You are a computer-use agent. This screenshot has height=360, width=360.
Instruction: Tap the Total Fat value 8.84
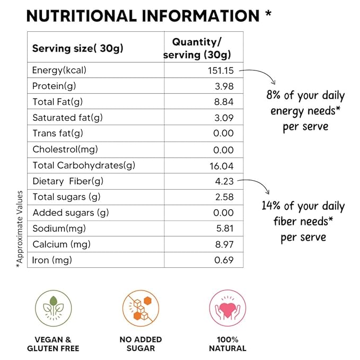(223, 102)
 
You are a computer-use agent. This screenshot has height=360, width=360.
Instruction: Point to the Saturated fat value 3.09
(223, 118)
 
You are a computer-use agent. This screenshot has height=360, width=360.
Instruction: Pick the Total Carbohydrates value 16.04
(222, 165)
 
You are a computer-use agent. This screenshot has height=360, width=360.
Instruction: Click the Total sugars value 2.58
(223, 197)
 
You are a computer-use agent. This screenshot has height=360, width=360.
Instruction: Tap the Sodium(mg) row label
(58, 229)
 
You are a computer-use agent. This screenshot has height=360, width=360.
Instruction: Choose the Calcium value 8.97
(223, 244)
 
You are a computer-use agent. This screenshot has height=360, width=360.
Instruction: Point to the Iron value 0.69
(223, 260)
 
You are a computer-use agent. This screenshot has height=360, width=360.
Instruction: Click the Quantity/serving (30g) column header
(197, 48)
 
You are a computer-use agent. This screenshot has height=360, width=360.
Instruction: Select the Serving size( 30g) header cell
(77, 49)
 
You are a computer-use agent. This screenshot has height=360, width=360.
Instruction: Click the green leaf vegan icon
(52, 308)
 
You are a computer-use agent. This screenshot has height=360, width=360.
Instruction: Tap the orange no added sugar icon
(141, 308)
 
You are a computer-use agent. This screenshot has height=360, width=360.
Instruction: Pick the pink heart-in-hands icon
(228, 308)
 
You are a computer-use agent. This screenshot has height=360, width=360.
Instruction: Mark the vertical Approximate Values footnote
(20, 228)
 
